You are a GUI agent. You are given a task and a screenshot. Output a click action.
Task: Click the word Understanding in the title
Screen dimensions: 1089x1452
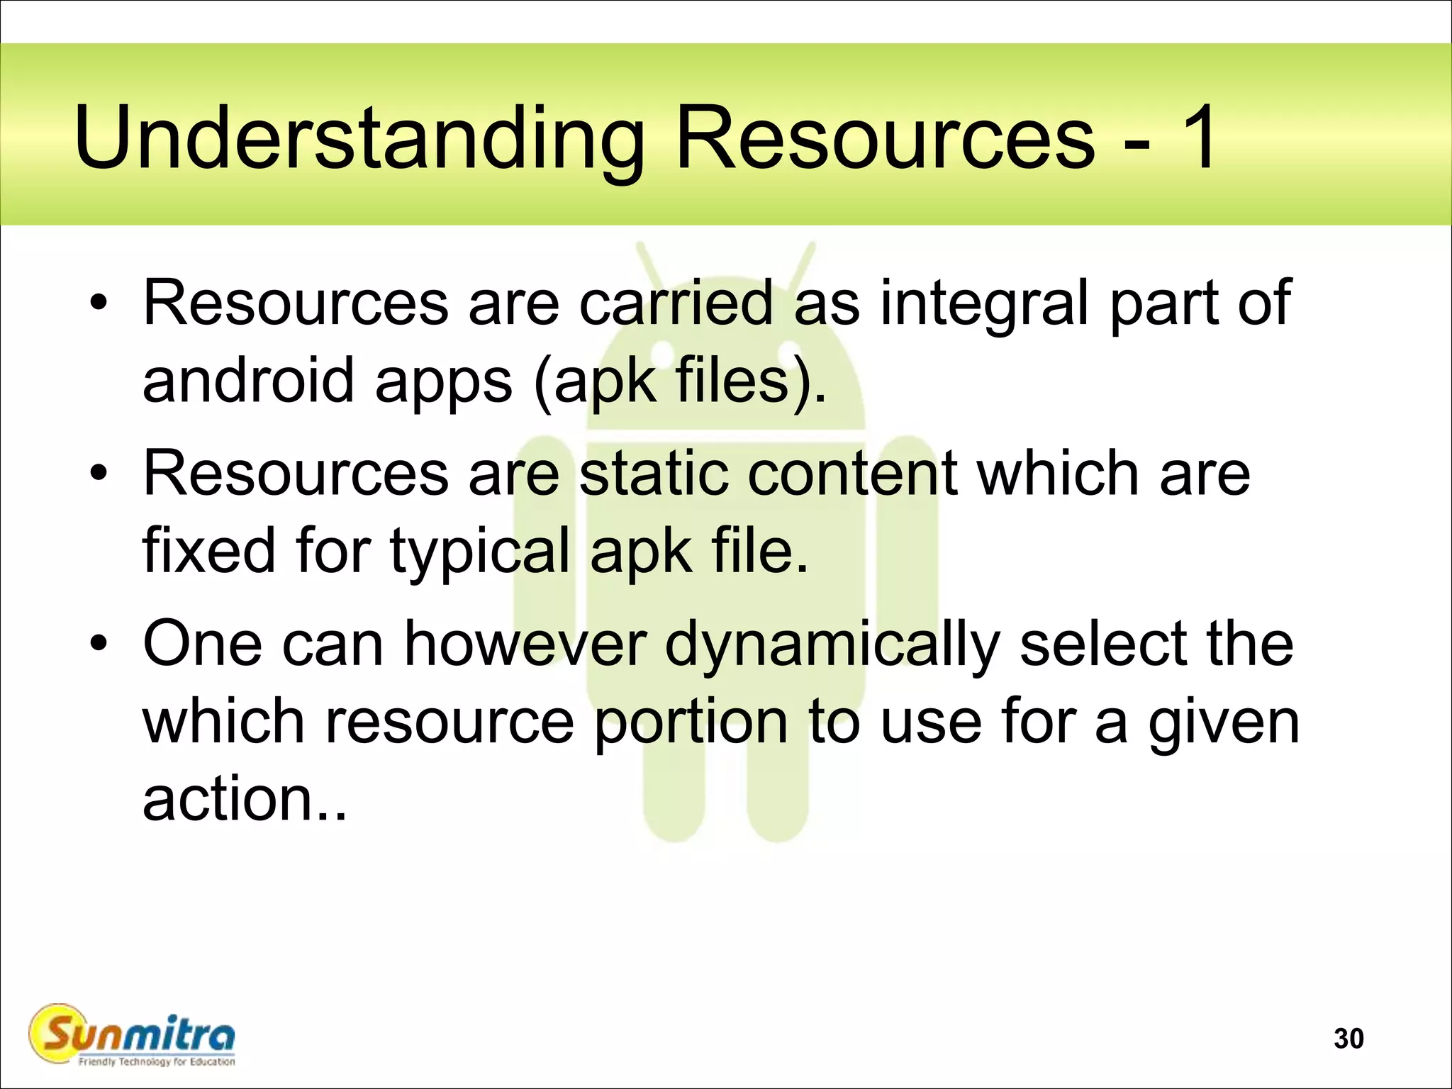pyautogui.click(x=359, y=138)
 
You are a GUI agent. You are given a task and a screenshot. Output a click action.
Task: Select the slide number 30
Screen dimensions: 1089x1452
pyautogui.click(x=1348, y=1039)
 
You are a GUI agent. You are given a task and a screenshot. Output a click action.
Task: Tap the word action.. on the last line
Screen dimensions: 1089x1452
pyautogui.click(x=244, y=799)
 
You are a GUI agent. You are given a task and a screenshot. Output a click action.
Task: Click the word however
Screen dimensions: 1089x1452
pyautogui.click(x=525, y=644)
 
